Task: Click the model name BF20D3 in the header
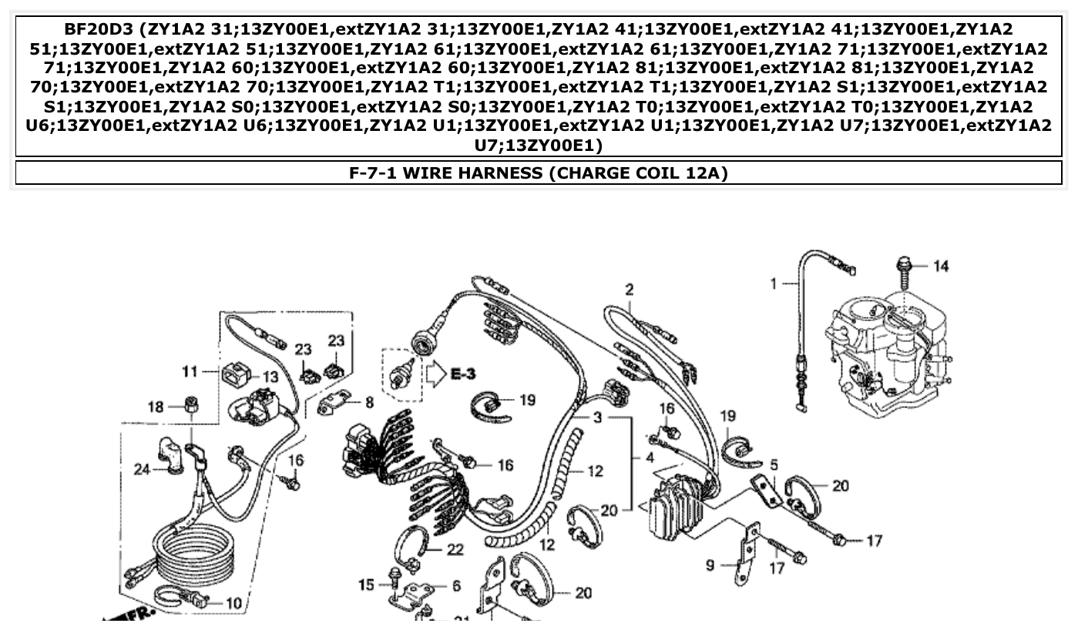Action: [101, 30]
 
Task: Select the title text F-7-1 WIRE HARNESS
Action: [446, 173]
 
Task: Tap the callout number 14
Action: [941, 266]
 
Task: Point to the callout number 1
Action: [774, 284]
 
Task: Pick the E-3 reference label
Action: [463, 374]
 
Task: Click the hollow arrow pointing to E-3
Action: [437, 375]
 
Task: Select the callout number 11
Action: [190, 372]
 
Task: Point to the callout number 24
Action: [142, 468]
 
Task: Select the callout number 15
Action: [367, 585]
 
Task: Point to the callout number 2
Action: [630, 290]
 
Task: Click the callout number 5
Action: [774, 464]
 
